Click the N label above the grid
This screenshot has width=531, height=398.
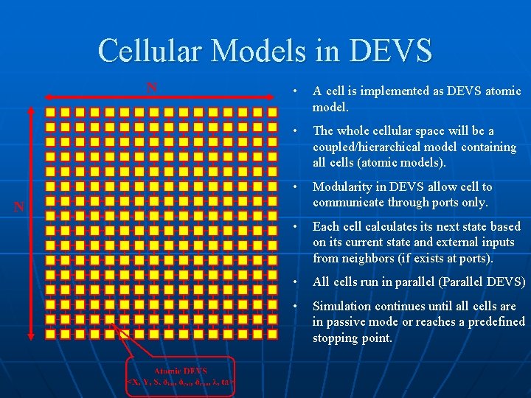[x=152, y=88]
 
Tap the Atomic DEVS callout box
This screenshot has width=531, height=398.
[x=181, y=377]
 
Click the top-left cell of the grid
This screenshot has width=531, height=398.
[x=50, y=113]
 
